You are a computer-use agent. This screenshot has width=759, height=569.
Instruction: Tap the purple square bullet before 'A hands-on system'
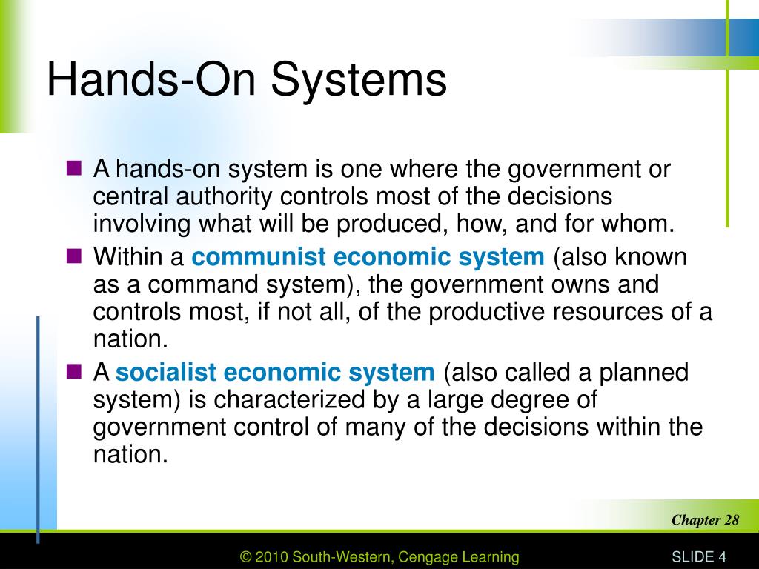73,169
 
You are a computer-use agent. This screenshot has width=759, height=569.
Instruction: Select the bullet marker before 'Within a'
73,257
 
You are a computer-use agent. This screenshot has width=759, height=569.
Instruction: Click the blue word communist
259,258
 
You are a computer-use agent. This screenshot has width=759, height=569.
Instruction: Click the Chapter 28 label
705,519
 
